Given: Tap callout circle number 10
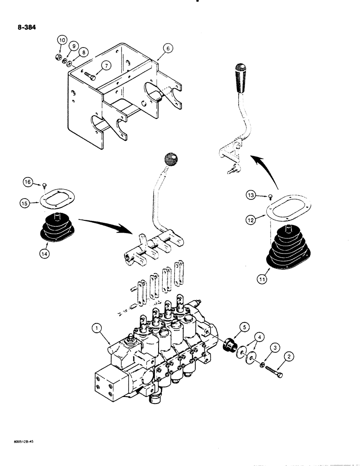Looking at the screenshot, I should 61,41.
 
